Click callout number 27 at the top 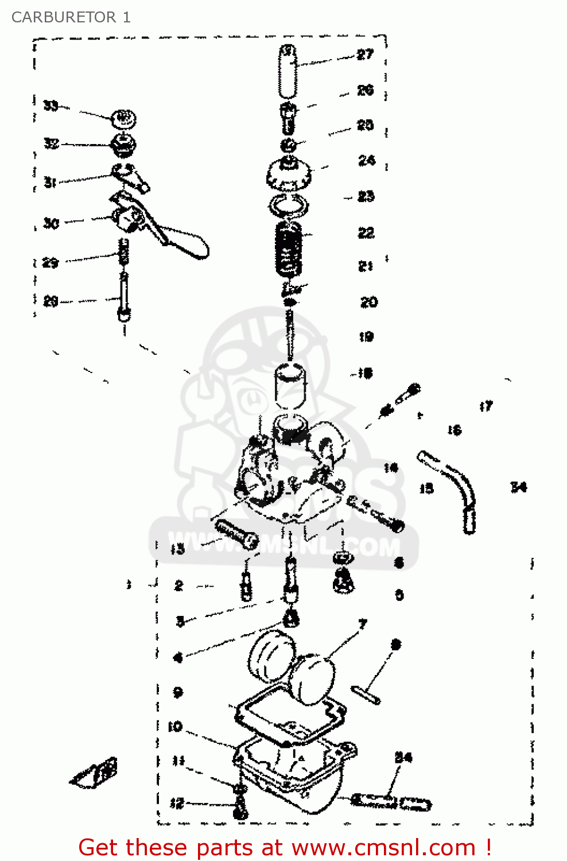pyautogui.click(x=365, y=55)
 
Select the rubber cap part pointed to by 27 pyautogui.click(x=288, y=72)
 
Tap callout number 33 pyautogui.click(x=51, y=106)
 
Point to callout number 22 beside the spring pyautogui.click(x=366, y=232)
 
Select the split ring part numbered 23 pyautogui.click(x=288, y=204)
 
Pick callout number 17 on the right pyautogui.click(x=486, y=406)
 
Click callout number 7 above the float pyautogui.click(x=362, y=624)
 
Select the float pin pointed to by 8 pyautogui.click(x=366, y=693)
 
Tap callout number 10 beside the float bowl pyautogui.click(x=175, y=727)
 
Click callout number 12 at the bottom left pyautogui.click(x=177, y=803)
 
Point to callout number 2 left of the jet pyautogui.click(x=178, y=586)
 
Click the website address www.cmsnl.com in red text pyautogui.click(x=383, y=848)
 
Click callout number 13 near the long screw pyautogui.click(x=177, y=549)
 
